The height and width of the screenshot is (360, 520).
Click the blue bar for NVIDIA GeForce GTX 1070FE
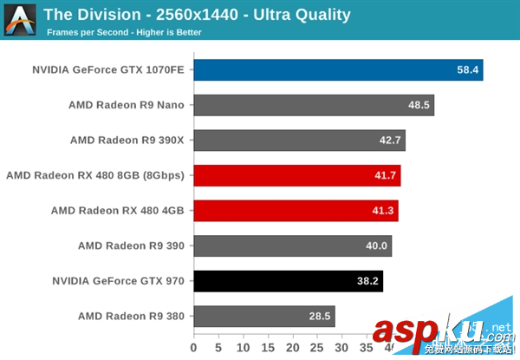pyautogui.click(x=338, y=70)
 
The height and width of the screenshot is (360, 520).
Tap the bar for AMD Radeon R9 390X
pyautogui.click(x=299, y=141)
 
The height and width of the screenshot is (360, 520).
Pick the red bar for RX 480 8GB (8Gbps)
pyautogui.click(x=296, y=175)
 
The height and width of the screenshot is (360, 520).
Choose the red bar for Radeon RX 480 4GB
pyautogui.click(x=296, y=211)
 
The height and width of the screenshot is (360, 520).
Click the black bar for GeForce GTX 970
pyautogui.click(x=288, y=281)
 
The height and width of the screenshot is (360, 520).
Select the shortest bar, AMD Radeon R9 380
pyautogui.click(x=263, y=316)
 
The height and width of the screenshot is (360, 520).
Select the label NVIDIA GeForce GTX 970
pyautogui.click(x=119, y=281)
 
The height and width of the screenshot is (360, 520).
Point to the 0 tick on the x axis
pyautogui.click(x=194, y=349)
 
